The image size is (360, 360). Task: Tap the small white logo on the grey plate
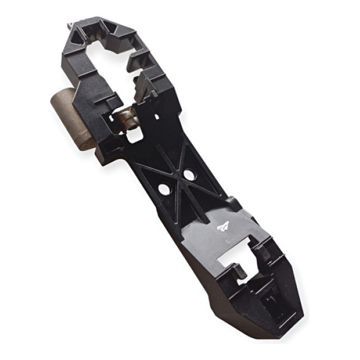[x=223, y=227]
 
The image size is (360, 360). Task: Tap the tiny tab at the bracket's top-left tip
[x=70, y=25]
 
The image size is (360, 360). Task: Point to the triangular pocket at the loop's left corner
[x=77, y=36]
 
